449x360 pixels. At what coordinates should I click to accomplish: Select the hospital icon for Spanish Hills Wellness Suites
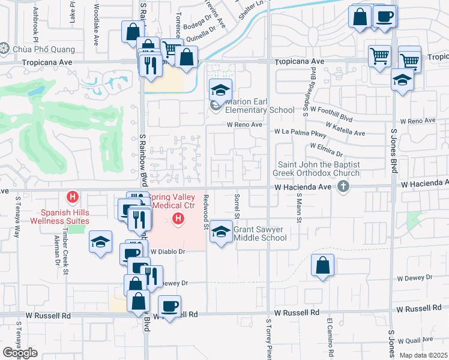pos(73,197)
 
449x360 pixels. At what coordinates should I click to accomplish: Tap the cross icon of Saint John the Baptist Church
pos(343,187)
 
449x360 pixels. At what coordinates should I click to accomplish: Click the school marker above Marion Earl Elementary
pos(220,90)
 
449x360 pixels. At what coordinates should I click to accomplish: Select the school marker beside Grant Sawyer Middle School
pos(221,232)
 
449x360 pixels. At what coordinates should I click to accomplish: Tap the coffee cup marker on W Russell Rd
pos(169,307)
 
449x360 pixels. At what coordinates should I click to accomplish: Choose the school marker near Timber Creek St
pos(100,242)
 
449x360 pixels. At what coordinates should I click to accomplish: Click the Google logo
pos(20,353)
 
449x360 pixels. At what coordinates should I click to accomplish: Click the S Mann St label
pos(297,212)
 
